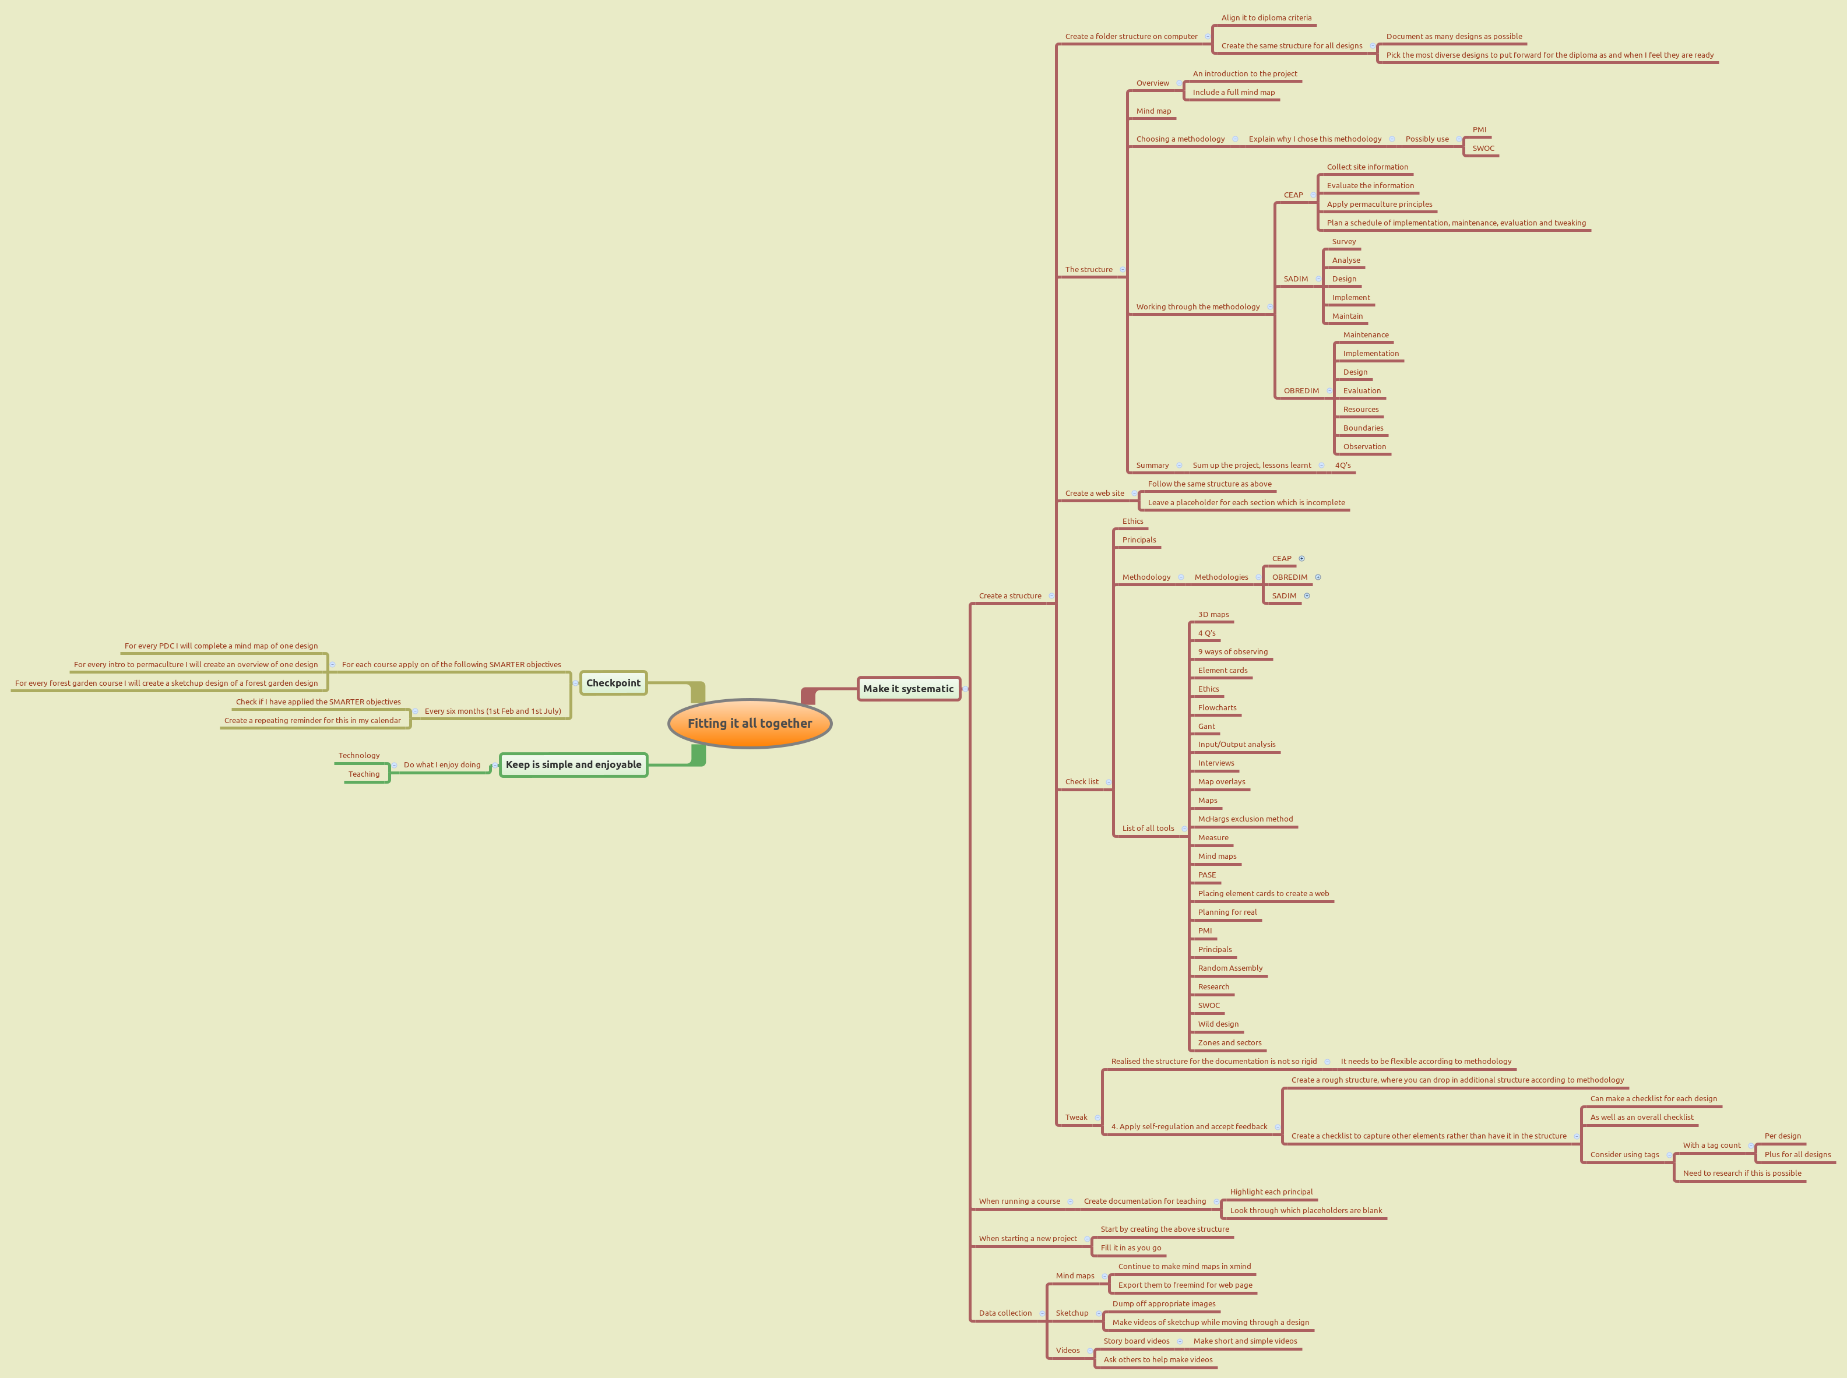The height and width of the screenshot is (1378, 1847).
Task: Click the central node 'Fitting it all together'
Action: click(749, 723)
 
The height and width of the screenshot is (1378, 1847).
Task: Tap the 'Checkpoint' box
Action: click(613, 683)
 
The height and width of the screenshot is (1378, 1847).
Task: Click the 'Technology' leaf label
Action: click(358, 756)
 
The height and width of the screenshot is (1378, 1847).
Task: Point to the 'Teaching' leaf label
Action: click(364, 774)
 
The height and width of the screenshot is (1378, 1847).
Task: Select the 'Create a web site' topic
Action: click(1095, 494)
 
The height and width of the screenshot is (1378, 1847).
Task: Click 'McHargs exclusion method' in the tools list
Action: click(1245, 819)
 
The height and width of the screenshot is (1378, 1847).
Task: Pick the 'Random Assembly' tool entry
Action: click(1230, 968)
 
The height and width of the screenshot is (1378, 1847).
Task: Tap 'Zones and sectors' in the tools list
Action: click(1230, 1042)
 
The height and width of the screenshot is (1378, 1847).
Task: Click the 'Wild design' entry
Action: click(1218, 1024)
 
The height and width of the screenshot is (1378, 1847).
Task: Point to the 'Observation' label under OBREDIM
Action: click(1364, 447)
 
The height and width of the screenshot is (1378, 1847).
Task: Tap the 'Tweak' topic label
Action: click(1076, 1118)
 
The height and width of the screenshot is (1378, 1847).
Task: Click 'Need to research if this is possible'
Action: click(1742, 1173)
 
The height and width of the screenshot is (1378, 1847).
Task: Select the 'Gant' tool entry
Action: click(1206, 727)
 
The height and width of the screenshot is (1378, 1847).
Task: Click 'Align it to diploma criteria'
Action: click(1266, 18)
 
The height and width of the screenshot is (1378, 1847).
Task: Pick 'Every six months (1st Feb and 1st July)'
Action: click(492, 711)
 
